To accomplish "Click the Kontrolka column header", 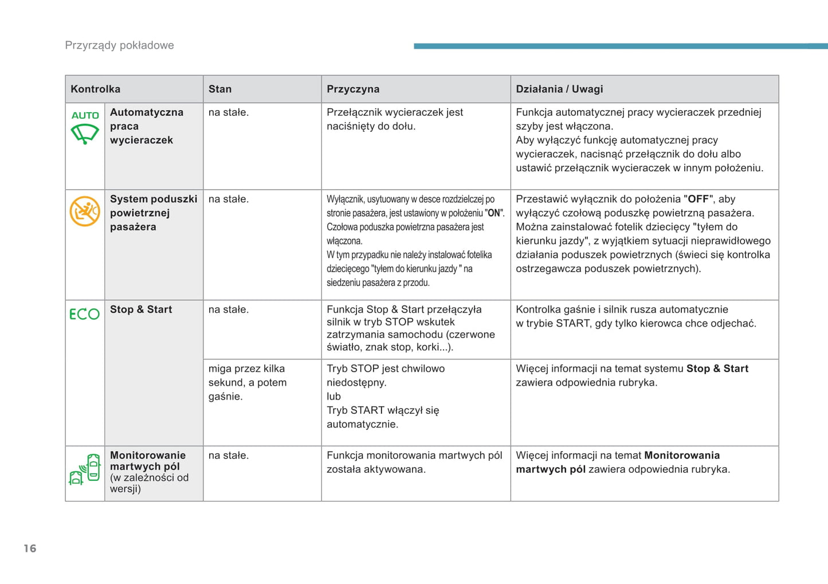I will coord(96,89).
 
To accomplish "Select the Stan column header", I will coord(220,89).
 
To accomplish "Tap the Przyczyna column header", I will coord(353,89).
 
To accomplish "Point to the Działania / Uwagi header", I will coord(559,89).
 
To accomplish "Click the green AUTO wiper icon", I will coord(85,127).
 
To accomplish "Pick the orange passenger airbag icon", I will coord(85,211).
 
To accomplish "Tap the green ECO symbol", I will coord(85,313).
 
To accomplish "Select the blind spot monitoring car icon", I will coord(85,469).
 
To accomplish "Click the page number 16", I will coord(30,548).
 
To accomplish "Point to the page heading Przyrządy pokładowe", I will coord(119,45).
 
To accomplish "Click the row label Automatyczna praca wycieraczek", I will coord(146,126).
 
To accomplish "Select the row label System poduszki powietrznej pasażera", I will coord(153,213).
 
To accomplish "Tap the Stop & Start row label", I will coord(141,309).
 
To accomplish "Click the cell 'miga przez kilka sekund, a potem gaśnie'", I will coord(248,382).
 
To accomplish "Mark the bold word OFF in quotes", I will coord(698,199).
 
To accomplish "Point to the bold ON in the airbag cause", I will coord(494,213).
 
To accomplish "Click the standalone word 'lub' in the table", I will coord(333,396).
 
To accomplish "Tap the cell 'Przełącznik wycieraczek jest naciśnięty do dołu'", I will coord(395,119).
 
